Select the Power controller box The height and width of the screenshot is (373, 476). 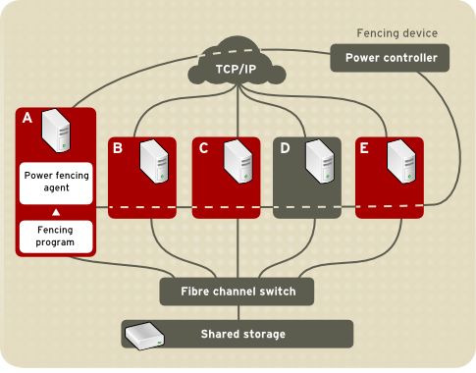click(x=390, y=58)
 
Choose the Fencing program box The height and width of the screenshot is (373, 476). click(x=56, y=236)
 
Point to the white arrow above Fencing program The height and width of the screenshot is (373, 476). click(x=56, y=212)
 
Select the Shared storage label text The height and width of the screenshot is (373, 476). click(x=242, y=334)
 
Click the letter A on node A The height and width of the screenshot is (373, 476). click(x=27, y=119)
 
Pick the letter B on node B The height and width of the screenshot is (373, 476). click(x=118, y=148)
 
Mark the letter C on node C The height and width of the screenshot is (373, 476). click(x=203, y=148)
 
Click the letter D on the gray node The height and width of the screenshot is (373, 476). click(x=286, y=148)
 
